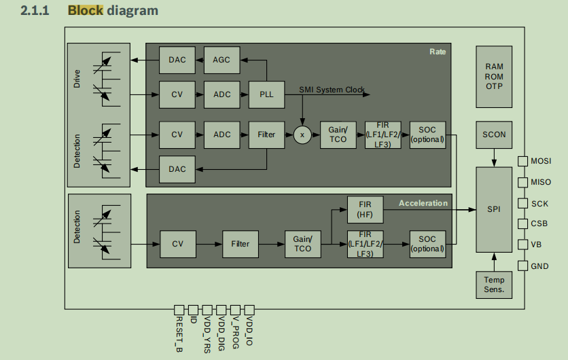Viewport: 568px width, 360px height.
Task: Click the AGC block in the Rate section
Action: click(221, 60)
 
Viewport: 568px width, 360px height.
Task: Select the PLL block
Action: click(266, 94)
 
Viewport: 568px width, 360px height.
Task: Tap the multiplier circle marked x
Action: click(302, 135)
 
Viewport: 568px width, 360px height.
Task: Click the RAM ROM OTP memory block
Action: click(494, 77)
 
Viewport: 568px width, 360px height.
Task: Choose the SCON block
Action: click(494, 134)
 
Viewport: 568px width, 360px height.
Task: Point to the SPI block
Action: click(494, 209)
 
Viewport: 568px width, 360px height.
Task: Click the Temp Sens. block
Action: click(494, 284)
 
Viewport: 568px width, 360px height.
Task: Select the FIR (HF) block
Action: click(365, 210)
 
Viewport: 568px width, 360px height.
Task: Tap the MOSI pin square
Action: click(522, 161)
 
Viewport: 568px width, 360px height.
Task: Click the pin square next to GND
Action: click(522, 266)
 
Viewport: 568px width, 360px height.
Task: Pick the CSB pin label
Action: click(539, 224)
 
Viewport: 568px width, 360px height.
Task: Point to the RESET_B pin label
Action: click(179, 334)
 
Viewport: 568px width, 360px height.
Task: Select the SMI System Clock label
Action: click(332, 90)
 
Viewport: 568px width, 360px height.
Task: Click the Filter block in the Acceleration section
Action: click(240, 244)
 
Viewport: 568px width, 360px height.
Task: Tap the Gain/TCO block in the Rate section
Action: click(338, 135)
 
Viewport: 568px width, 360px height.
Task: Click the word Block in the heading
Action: click(85, 11)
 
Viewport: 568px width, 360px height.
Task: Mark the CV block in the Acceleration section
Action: click(177, 244)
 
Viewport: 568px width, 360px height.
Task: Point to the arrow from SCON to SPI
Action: click(494, 158)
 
